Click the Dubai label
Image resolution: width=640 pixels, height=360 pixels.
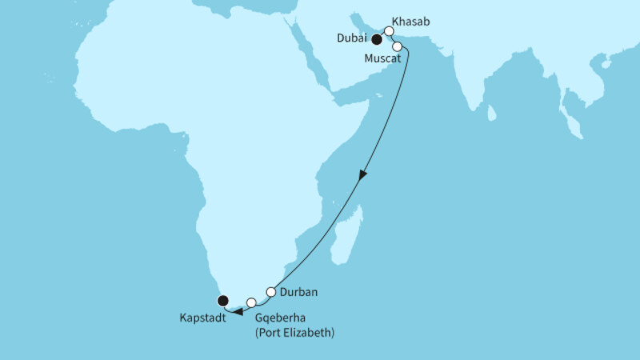352,38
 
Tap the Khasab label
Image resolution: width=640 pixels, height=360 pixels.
410,23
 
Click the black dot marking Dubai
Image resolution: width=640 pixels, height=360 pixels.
376,38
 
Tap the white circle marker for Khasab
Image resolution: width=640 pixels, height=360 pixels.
389,32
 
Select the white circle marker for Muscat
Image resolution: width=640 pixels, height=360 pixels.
397,46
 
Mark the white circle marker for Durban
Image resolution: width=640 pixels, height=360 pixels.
271,291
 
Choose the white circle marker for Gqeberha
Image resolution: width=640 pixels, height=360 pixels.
251,302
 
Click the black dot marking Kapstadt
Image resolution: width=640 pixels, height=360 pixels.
222,301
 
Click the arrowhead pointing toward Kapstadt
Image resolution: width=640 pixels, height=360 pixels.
237,311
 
